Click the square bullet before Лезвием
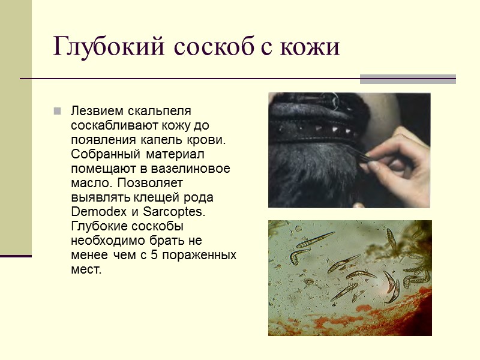[57, 111]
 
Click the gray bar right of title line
[407, 79]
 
